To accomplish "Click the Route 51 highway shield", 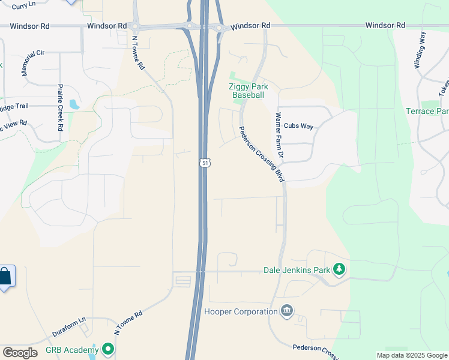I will pyautogui.click(x=205, y=163).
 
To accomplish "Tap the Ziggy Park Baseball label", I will pyautogui.click(x=247, y=91).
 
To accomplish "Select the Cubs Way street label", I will pyautogui.click(x=298, y=126).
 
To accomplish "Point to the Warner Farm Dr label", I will pyautogui.click(x=279, y=136).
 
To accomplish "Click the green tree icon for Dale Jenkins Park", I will pyautogui.click(x=340, y=269).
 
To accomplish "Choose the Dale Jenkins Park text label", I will pyautogui.click(x=297, y=270).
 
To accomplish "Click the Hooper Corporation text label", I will pyautogui.click(x=241, y=311).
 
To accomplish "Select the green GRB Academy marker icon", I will pyautogui.click(x=108, y=349).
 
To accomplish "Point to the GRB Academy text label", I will pyautogui.click(x=72, y=350).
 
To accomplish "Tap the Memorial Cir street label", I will pyautogui.click(x=33, y=62).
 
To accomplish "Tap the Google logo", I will pyautogui.click(x=20, y=353).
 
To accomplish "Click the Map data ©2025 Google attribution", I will pyautogui.click(x=412, y=355).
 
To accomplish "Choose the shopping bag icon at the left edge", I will pyautogui.click(x=5, y=277).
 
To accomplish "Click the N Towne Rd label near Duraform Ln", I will pyautogui.click(x=128, y=323).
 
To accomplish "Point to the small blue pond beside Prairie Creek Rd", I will pyautogui.click(x=74, y=104).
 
